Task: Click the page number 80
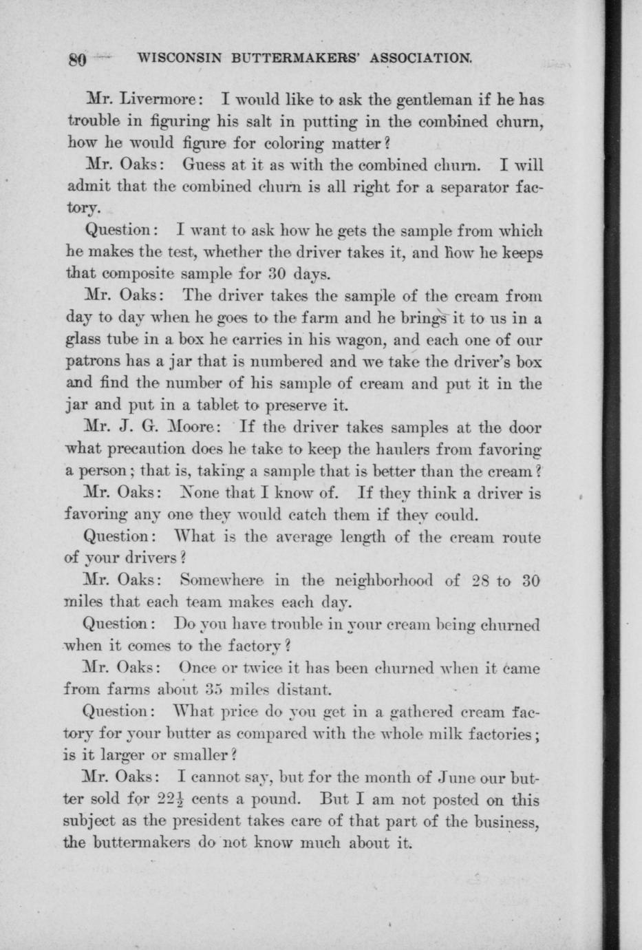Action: pos(76,59)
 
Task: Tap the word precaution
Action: pos(146,450)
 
